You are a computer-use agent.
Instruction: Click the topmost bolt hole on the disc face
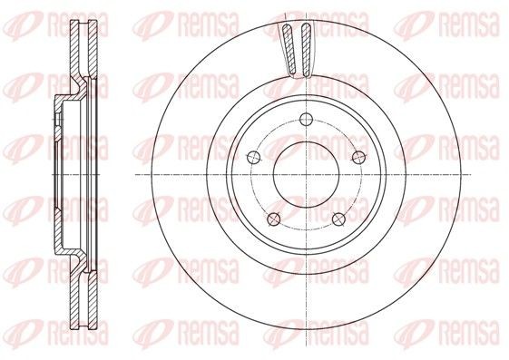click(306, 120)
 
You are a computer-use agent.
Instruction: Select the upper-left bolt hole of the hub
click(253, 158)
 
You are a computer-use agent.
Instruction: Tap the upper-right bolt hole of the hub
click(359, 158)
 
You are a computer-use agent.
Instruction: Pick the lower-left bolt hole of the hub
click(274, 219)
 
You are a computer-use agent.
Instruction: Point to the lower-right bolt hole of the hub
click(339, 219)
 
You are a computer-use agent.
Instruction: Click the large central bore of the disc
click(306, 174)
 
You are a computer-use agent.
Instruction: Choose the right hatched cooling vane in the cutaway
click(306, 50)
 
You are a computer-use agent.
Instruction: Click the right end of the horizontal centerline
click(471, 174)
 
